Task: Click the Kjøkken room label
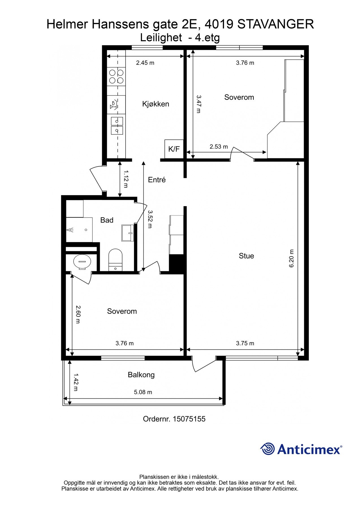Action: (156, 104)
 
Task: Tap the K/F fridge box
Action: (174, 149)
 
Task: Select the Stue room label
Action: (246, 256)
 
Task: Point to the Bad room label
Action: (107, 220)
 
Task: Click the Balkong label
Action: (141, 375)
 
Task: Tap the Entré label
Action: (157, 180)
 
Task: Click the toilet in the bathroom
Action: (115, 260)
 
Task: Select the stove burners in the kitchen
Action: (116, 77)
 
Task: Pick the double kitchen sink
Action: (117, 126)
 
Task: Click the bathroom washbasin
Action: (128, 233)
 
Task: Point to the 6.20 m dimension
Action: (292, 258)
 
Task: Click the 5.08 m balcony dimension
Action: (143, 392)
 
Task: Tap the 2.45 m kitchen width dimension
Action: (145, 63)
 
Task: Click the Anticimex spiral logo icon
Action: (268, 449)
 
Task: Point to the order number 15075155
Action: (189, 419)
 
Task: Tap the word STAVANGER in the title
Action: (276, 24)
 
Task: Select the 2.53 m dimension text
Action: (219, 147)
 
